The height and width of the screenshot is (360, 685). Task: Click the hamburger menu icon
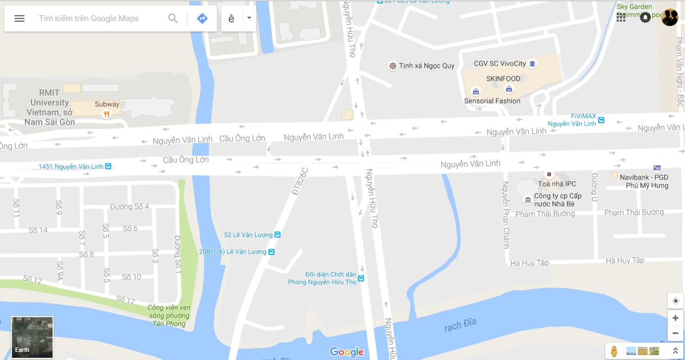pyautogui.click(x=19, y=18)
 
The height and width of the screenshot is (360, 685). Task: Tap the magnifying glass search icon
pyautogui.click(x=173, y=18)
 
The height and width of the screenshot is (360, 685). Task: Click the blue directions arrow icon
pyautogui.click(x=202, y=18)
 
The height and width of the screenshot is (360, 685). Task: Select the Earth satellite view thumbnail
pyautogui.click(x=32, y=337)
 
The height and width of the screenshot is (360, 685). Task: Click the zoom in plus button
pyautogui.click(x=675, y=318)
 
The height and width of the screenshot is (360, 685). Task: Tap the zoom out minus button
pyautogui.click(x=675, y=333)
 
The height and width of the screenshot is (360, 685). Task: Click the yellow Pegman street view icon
pyautogui.click(x=613, y=351)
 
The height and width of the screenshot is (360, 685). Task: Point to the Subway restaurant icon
pyautogui.click(x=106, y=114)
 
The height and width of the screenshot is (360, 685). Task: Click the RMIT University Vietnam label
pyautogui.click(x=50, y=107)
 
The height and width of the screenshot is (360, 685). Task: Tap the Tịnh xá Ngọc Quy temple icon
pyautogui.click(x=393, y=66)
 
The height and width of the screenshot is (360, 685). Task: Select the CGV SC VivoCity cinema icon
pyautogui.click(x=532, y=64)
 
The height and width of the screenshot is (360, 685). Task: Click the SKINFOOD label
pyautogui.click(x=503, y=79)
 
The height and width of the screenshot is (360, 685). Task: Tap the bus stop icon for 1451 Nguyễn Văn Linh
pyautogui.click(x=108, y=166)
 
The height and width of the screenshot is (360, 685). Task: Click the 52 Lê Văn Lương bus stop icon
pyautogui.click(x=278, y=235)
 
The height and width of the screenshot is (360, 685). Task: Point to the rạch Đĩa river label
pyautogui.click(x=460, y=324)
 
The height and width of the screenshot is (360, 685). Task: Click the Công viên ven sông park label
pyautogui.click(x=169, y=315)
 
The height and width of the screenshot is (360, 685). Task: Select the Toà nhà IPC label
pyautogui.click(x=557, y=184)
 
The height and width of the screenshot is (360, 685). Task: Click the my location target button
pyautogui.click(x=675, y=301)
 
